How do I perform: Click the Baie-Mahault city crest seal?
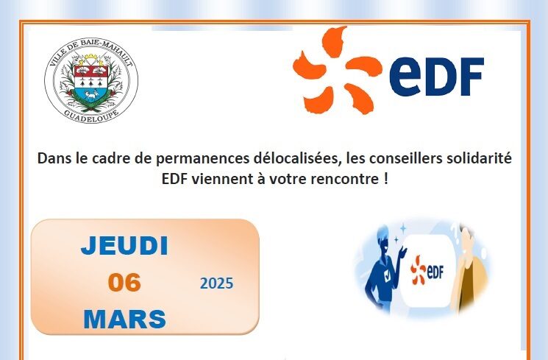(91, 80)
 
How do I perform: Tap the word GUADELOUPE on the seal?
(91, 116)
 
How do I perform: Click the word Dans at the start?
(54, 158)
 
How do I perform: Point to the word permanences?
(202, 159)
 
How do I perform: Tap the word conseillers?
(406, 158)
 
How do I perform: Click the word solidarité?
(480, 158)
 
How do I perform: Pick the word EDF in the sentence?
(175, 179)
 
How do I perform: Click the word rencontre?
(344, 180)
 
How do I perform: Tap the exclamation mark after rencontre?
(385, 179)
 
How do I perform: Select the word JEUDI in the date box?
(124, 246)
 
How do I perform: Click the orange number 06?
(124, 283)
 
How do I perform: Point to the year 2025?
(217, 283)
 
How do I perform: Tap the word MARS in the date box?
(125, 319)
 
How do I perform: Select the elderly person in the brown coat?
(471, 269)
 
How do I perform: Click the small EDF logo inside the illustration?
(427, 269)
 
